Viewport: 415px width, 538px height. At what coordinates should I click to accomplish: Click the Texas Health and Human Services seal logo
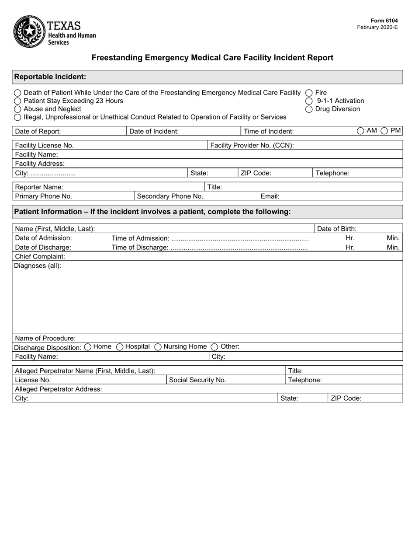pyautogui.click(x=29, y=31)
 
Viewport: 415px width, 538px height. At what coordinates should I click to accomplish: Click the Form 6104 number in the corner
pyautogui.click(x=384, y=21)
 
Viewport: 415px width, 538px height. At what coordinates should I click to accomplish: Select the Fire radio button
pyautogui.click(x=309, y=93)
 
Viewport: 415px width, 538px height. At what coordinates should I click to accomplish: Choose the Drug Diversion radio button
pyautogui.click(x=309, y=109)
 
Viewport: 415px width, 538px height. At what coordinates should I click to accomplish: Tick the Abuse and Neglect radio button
pyautogui.click(x=17, y=109)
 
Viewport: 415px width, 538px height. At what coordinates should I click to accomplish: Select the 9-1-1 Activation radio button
pyautogui.click(x=309, y=101)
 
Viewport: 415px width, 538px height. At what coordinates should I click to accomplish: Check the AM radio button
pyautogui.click(x=360, y=131)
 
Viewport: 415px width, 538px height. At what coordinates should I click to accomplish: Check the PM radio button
pyautogui.click(x=384, y=131)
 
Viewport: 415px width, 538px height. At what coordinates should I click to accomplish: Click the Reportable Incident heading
pyautogui.click(x=50, y=77)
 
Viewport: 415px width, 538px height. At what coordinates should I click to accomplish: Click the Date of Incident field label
pyautogui.click(x=154, y=131)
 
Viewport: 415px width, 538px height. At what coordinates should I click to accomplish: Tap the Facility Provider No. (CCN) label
pyautogui.click(x=252, y=145)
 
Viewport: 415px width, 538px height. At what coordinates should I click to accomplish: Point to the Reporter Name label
pyautogui.click(x=39, y=187)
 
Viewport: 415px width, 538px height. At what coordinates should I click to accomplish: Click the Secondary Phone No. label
pyautogui.click(x=170, y=196)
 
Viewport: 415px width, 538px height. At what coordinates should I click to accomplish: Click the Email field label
pyautogui.click(x=270, y=196)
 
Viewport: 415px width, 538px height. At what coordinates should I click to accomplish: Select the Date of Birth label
pyautogui.click(x=336, y=229)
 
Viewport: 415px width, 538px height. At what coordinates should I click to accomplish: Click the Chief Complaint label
pyautogui.click(x=40, y=256)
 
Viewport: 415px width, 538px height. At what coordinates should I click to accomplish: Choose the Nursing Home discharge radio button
pyautogui.click(x=158, y=347)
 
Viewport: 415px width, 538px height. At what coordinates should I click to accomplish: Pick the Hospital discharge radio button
pyautogui.click(x=120, y=347)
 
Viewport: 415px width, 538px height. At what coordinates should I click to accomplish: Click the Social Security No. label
pyautogui.click(x=197, y=380)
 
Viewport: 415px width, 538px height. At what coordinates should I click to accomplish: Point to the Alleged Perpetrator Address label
pyautogui.click(x=59, y=389)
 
